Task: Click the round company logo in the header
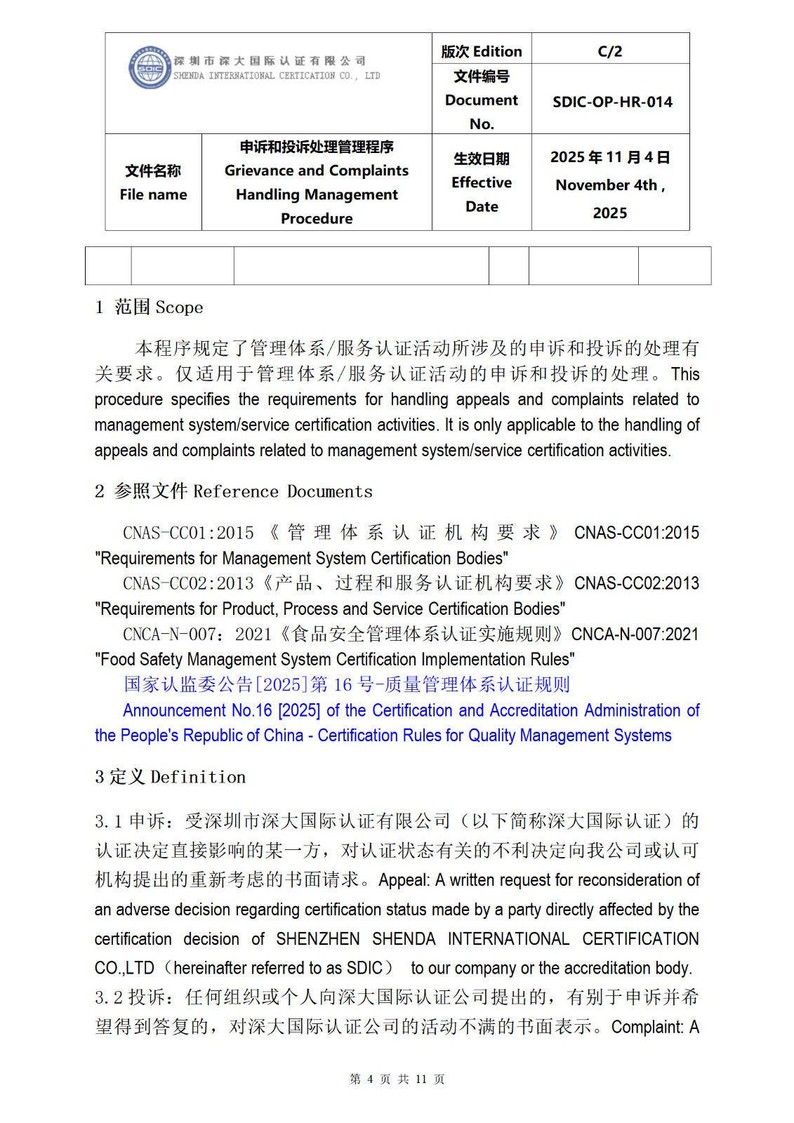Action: pyautogui.click(x=150, y=67)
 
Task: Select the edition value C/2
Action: pyautogui.click(x=609, y=51)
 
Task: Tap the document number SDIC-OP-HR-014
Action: pyautogui.click(x=612, y=102)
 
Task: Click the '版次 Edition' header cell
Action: pyautogui.click(x=482, y=51)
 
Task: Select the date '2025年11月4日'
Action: pyautogui.click(x=609, y=157)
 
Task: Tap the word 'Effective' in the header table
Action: pyautogui.click(x=482, y=182)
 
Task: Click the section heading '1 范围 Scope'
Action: pyautogui.click(x=149, y=307)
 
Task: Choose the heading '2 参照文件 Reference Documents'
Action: pyautogui.click(x=234, y=491)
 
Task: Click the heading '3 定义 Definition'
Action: pyautogui.click(x=171, y=777)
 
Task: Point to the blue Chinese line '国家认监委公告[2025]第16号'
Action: pyautogui.click(x=347, y=684)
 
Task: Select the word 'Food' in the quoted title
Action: pyautogui.click(x=117, y=660)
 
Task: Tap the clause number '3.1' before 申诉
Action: pyautogui.click(x=109, y=821)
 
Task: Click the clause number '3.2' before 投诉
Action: pyautogui.click(x=109, y=997)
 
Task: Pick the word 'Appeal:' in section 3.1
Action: pyautogui.click(x=404, y=880)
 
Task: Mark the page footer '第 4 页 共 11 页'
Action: pyautogui.click(x=397, y=1079)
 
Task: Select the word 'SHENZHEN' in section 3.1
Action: pyautogui.click(x=317, y=939)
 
